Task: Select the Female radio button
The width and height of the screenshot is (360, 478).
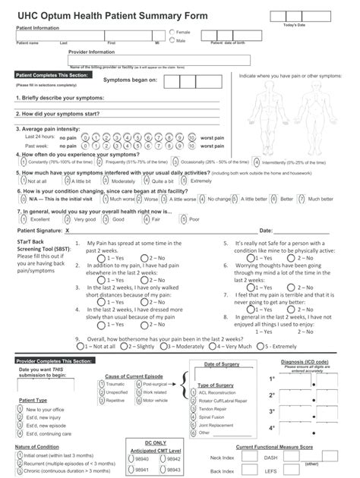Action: pyautogui.click(x=172, y=33)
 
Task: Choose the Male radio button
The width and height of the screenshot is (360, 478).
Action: pyautogui.click(x=172, y=41)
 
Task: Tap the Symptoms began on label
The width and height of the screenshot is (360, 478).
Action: pyautogui.click(x=130, y=80)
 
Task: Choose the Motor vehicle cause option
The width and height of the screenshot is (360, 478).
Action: pyautogui.click(x=137, y=400)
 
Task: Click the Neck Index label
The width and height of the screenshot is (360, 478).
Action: pyautogui.click(x=222, y=458)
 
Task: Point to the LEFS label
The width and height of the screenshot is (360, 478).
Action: pyautogui.click(x=292, y=470)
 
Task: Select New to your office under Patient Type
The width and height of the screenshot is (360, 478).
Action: pyautogui.click(x=21, y=409)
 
